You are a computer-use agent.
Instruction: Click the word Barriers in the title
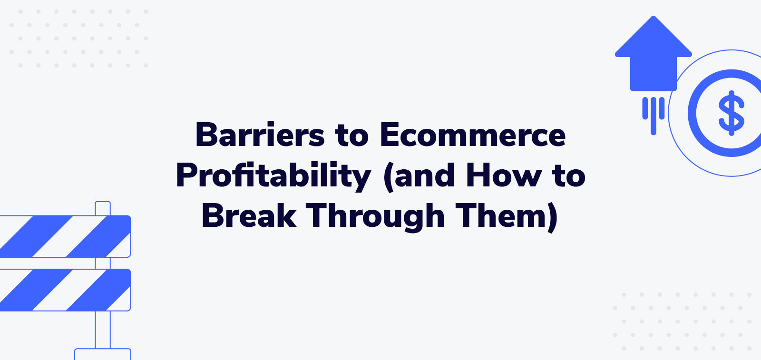260,135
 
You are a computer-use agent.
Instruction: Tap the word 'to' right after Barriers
351,135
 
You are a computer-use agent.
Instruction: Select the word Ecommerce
472,135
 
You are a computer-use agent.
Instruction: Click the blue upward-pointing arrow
653,55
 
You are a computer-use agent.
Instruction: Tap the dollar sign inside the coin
732,113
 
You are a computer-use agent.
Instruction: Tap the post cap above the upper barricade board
103,208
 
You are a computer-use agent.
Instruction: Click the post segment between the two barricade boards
103,263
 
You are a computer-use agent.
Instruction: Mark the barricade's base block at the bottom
103,354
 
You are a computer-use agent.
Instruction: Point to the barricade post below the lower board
103,330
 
